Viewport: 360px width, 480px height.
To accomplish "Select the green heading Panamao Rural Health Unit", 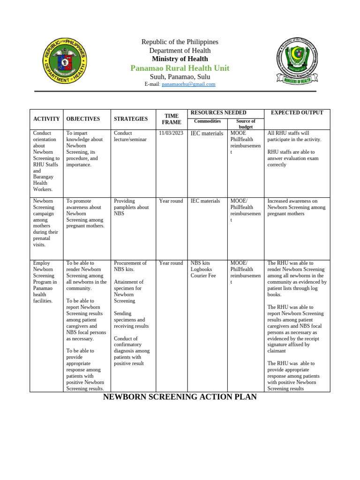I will click(180, 68).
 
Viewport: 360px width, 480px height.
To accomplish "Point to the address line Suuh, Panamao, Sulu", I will click(180, 76).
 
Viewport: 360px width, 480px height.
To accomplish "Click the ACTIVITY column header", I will click(46, 119).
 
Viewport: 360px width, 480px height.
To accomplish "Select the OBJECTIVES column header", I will click(83, 119).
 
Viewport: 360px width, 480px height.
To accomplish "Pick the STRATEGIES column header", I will click(131, 119).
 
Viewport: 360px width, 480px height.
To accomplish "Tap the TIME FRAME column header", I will click(171, 119).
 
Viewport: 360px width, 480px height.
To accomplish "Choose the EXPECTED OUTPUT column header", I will click(297, 112).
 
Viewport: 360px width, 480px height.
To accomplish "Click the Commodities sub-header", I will click(207, 121).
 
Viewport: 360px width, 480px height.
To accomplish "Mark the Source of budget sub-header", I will click(246, 124).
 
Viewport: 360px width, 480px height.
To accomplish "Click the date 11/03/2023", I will click(171, 133).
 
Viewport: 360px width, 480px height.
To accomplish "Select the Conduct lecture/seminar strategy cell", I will click(130, 136).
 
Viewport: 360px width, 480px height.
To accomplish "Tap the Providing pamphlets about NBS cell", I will click(131, 207).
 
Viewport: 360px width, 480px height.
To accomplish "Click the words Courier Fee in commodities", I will click(203, 276).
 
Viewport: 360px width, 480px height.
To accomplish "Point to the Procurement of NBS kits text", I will click(130, 266).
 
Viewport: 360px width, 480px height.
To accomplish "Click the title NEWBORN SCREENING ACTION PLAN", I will click(180, 397).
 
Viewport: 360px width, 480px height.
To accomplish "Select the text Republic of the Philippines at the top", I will click(180, 42).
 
